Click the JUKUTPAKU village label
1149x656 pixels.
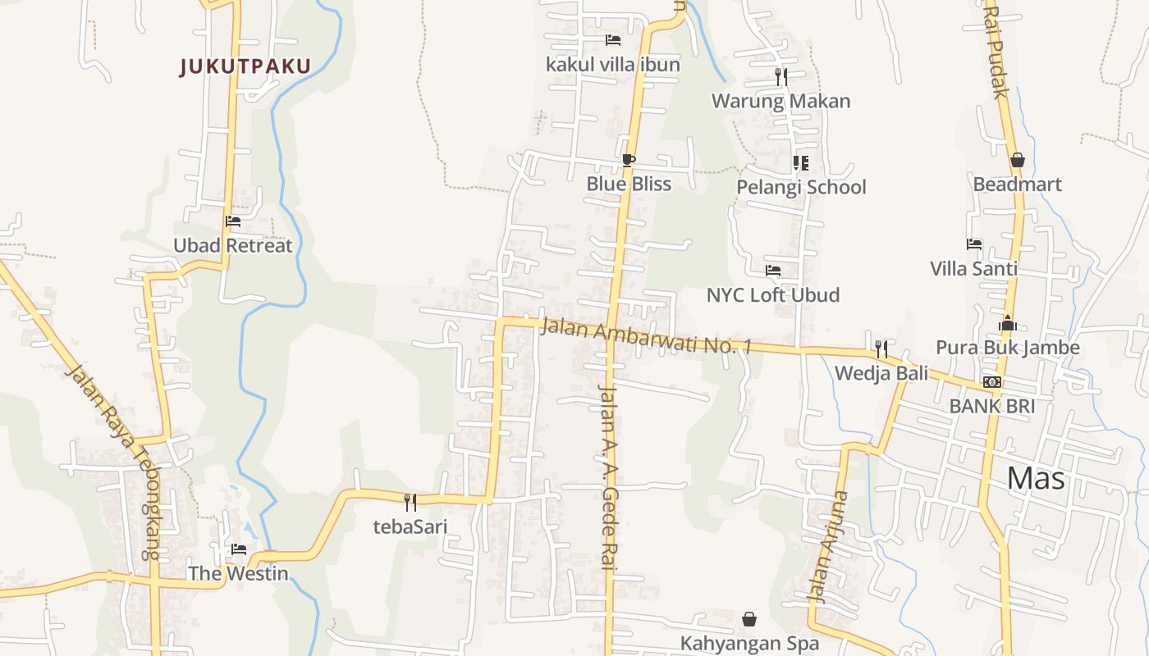coord(245,66)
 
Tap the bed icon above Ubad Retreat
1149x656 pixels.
coord(233,221)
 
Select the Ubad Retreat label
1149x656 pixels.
coord(232,245)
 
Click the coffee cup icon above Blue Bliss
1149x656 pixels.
coord(629,160)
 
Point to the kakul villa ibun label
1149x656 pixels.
coord(613,64)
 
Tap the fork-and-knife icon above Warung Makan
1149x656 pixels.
coord(781,77)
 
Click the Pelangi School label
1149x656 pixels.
coord(801,187)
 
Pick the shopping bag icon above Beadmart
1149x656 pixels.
coord(1018,160)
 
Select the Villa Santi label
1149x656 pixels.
coord(973,268)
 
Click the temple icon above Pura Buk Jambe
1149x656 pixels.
coord(1008,323)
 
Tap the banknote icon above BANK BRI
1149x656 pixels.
coord(992,382)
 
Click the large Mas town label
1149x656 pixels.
coord(1036,478)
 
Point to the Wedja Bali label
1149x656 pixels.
coord(881,374)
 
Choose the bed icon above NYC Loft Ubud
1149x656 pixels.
coord(773,270)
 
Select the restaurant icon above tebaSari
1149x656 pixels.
coord(410,502)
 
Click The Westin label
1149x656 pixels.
coord(238,573)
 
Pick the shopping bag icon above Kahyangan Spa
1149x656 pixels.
coord(749,619)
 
